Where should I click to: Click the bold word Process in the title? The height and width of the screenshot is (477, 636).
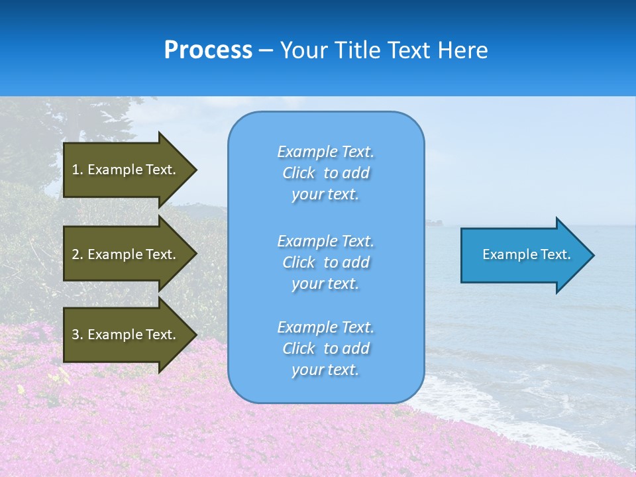(x=208, y=50)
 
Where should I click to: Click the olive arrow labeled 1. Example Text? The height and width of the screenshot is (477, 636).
(x=126, y=170)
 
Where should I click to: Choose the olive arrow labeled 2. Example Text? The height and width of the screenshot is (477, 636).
(x=126, y=254)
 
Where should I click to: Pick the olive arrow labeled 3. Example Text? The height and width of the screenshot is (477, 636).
(x=126, y=335)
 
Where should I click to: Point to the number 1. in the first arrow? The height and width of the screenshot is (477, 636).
(x=78, y=170)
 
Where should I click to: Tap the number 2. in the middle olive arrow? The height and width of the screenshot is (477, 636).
(x=78, y=254)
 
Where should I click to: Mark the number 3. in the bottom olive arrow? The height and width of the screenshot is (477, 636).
(x=78, y=335)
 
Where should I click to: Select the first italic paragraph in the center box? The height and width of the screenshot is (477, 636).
(x=325, y=173)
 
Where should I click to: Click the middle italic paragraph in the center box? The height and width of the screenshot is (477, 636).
(x=325, y=262)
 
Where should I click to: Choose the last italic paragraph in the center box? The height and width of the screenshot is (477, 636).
(x=325, y=348)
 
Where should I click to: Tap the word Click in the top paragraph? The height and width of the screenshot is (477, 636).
(x=298, y=173)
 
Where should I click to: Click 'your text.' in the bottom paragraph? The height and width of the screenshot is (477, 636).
(x=325, y=370)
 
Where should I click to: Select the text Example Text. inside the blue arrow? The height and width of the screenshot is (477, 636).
(x=526, y=254)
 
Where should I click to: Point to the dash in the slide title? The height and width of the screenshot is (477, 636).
(x=266, y=50)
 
